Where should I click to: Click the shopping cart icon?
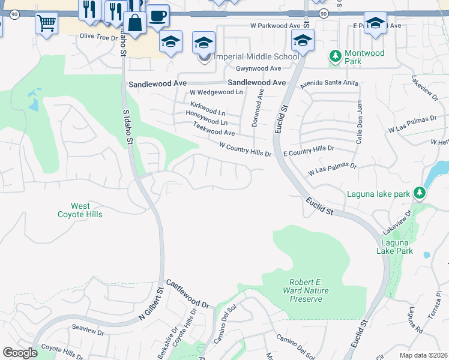(46, 23)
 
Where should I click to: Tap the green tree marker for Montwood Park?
(335, 57)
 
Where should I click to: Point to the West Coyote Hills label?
(80, 210)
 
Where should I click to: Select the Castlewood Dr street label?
(187, 294)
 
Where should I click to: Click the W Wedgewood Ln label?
(216, 92)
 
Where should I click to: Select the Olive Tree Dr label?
(98, 37)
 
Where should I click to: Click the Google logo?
(20, 352)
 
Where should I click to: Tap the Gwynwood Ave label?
(259, 69)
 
